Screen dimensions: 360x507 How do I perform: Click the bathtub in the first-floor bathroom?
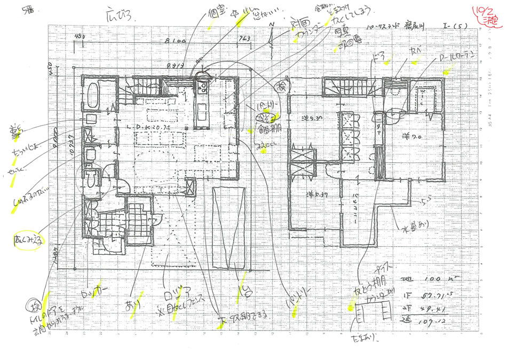coord(93,96)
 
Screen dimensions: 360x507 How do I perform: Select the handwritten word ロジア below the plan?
coord(174,296)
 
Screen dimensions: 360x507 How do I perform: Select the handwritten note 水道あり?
coord(414,231)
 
